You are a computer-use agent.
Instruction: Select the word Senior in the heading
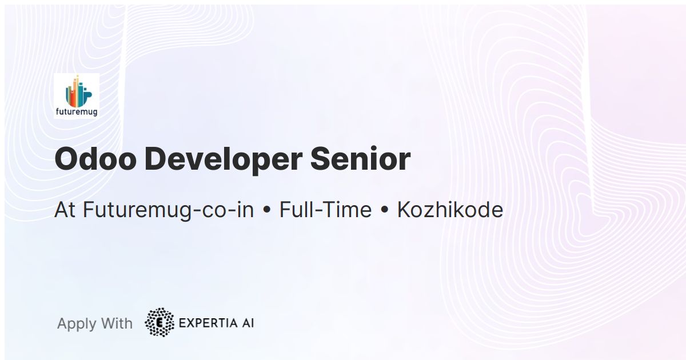[x=360, y=159]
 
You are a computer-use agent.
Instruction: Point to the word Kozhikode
[x=450, y=210]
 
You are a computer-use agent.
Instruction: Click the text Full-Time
[x=325, y=210]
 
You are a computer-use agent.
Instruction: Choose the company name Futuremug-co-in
[x=168, y=210]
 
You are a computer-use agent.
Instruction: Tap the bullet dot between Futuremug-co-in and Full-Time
[x=266, y=211]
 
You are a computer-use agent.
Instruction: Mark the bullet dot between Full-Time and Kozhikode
[x=385, y=211]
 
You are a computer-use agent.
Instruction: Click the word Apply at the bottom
[x=77, y=324]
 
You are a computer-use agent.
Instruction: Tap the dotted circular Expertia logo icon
[x=159, y=322]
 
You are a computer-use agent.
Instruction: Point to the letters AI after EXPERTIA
[x=247, y=323]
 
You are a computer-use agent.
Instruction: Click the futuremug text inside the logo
[x=77, y=112]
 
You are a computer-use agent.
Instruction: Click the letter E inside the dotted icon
[x=159, y=322]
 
